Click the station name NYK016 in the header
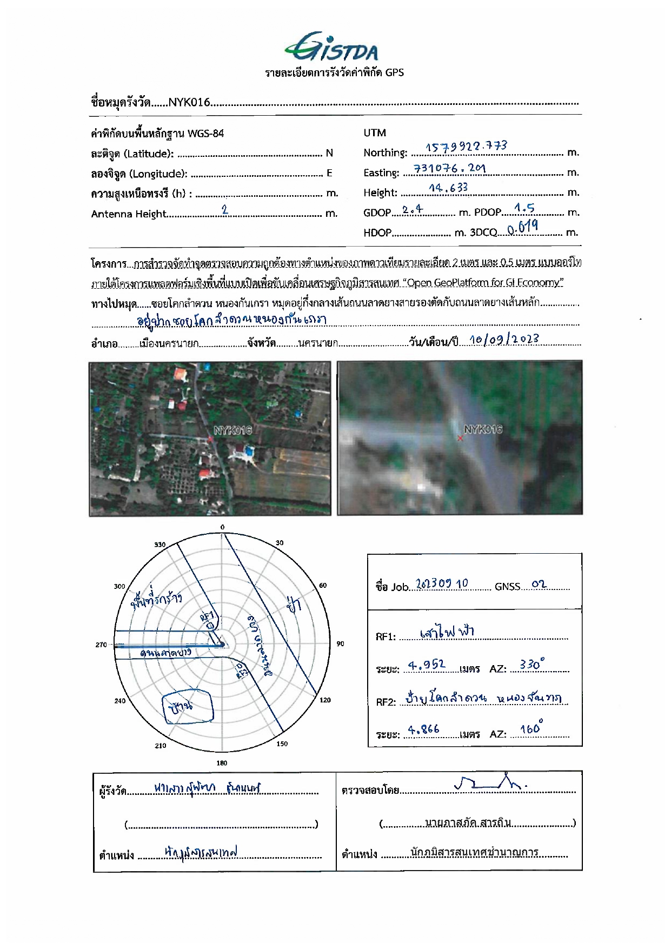(x=189, y=102)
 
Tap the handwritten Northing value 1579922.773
(x=466, y=147)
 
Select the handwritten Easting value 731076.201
(x=449, y=168)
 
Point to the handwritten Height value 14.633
(x=448, y=188)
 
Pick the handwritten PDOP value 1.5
(x=524, y=208)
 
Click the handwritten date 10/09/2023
(x=504, y=340)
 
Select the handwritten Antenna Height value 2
(x=225, y=210)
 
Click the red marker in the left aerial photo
(x=210, y=439)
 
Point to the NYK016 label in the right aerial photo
(x=483, y=429)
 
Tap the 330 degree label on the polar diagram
(x=160, y=545)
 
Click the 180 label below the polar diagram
(x=222, y=763)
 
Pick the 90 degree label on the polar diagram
(x=340, y=643)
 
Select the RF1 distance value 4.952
(x=427, y=665)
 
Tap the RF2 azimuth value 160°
(x=532, y=728)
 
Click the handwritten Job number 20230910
(x=442, y=584)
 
